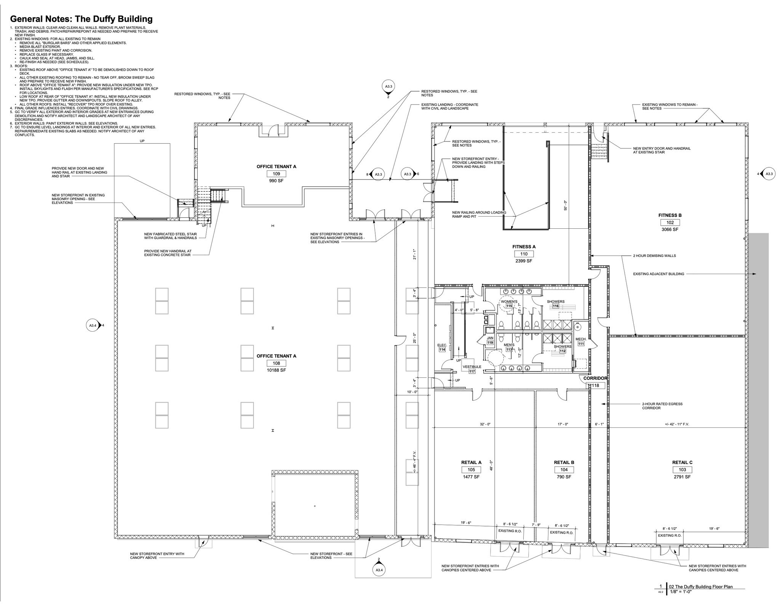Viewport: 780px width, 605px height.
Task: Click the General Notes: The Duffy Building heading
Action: (x=81, y=19)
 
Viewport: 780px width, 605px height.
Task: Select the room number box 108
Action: (x=276, y=363)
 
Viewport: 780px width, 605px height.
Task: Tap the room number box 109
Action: (x=276, y=174)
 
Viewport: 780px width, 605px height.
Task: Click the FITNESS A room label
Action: (x=524, y=247)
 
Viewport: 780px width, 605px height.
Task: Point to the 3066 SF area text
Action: (x=670, y=229)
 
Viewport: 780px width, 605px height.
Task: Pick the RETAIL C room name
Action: (x=682, y=462)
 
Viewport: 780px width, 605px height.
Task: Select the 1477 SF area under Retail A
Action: (x=471, y=477)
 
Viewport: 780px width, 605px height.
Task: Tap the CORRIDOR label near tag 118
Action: (x=595, y=378)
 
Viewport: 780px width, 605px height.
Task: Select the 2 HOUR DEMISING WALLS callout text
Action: (x=654, y=255)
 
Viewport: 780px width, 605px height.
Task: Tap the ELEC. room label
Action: (x=442, y=345)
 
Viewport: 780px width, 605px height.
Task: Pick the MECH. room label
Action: (x=580, y=339)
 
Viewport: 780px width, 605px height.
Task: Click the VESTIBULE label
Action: (x=472, y=367)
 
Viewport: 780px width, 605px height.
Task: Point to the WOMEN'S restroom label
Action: (x=509, y=302)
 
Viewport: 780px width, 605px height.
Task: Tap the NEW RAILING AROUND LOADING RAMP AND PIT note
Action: (x=479, y=215)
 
